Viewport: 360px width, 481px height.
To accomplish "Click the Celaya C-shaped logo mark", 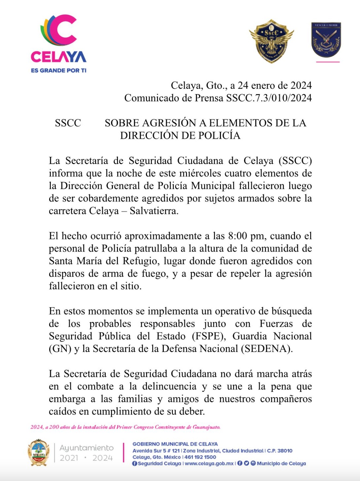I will point(59,30).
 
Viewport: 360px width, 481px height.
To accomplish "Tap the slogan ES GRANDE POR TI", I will point(58,70).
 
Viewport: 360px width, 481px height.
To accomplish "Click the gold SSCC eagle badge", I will point(271,41).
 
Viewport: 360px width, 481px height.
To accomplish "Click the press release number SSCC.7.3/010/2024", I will point(269,98).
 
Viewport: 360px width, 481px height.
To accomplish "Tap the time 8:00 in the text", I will point(237,236).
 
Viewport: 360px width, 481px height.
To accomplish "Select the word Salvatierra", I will point(154,211).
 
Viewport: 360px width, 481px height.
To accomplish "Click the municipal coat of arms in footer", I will point(39,453).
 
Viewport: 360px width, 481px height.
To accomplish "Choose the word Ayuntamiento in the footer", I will point(87,448).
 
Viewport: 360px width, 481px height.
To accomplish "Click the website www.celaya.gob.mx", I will point(209,464).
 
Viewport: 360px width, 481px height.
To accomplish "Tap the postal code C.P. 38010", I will point(280,451).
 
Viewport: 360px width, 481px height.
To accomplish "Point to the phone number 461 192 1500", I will point(200,457).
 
